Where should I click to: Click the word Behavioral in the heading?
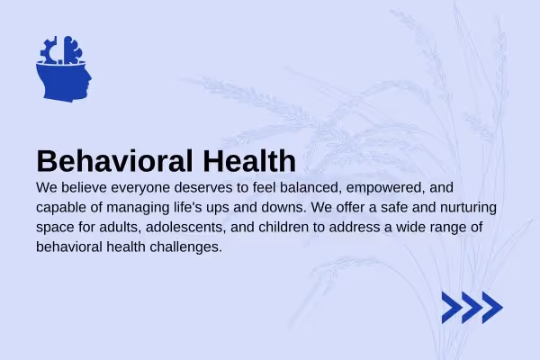114,161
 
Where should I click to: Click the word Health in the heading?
249,160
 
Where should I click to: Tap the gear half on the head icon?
49,51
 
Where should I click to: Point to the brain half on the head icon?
72,50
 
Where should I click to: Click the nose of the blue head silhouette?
89,79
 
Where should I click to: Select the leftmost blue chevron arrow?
452,308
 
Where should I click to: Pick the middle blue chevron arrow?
472,308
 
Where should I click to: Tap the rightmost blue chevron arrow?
492,308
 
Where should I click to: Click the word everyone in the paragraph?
140,188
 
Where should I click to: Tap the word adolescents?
185,228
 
